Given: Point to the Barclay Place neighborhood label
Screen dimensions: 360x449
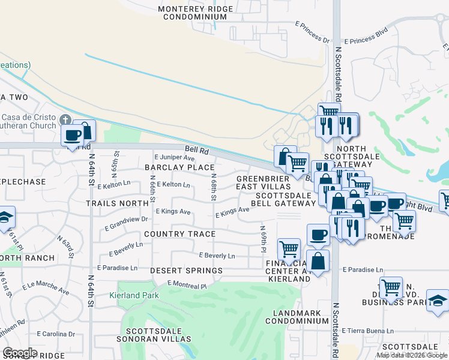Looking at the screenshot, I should point(179,167).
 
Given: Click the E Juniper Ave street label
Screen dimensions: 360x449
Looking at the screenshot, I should point(175,157).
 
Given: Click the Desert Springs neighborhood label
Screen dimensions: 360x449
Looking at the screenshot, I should point(186,271).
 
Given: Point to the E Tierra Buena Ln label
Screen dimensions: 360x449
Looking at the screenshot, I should point(366,331).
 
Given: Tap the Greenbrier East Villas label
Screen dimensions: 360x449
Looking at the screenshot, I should point(264,183).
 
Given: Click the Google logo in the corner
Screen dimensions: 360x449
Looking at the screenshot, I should point(20,353).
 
